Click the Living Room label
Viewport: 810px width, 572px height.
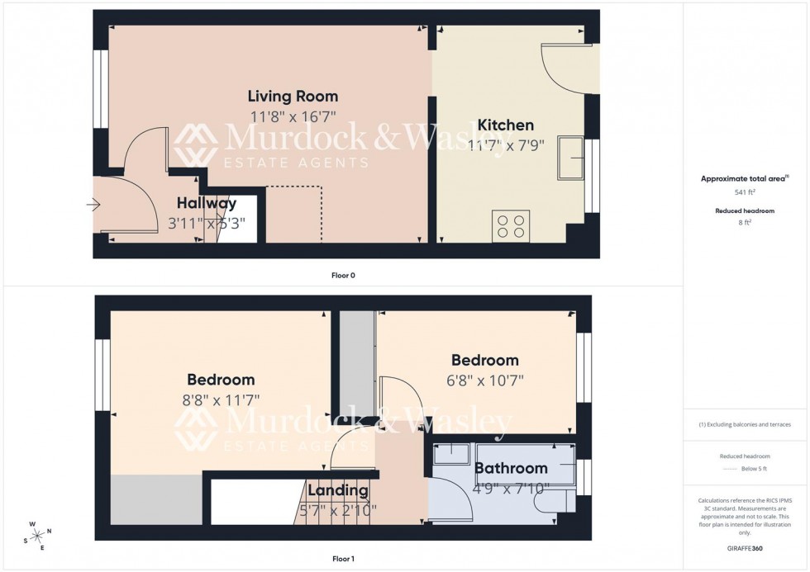point(293,97)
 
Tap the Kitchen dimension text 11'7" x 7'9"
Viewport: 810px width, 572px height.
point(507,145)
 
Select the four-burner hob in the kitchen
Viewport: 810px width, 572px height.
point(511,226)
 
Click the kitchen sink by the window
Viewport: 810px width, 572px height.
point(570,158)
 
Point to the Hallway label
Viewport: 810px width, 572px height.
point(207,203)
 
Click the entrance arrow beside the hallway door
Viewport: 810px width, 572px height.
point(93,204)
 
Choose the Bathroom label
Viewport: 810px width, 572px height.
point(511,468)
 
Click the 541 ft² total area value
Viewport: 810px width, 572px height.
point(746,191)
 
